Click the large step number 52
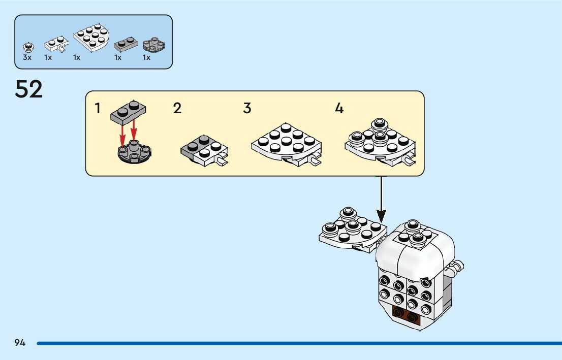coord(28,89)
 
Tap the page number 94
coord(20,343)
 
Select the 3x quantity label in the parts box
coord(27,57)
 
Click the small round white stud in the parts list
coord(28,47)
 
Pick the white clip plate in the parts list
coord(56,44)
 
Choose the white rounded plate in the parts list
coord(91,38)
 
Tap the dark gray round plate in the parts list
coord(153,44)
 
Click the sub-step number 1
coord(98,108)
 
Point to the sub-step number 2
coord(177,108)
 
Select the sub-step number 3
coord(247,108)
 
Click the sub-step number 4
coord(339,108)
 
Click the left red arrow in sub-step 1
coord(122,137)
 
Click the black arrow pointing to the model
coord(381,199)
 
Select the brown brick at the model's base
coord(407,316)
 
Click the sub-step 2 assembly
coord(204,151)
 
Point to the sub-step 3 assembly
coord(287,145)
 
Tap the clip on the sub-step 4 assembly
coord(409,160)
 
